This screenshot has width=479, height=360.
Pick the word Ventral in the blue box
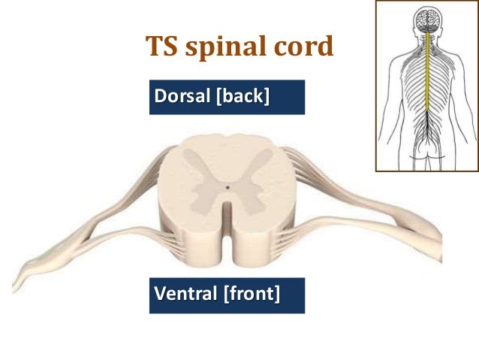185,294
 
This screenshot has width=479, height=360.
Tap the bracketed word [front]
251,294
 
